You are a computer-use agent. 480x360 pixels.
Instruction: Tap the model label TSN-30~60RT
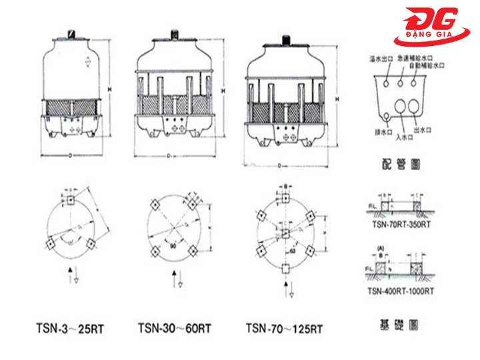tap(175, 328)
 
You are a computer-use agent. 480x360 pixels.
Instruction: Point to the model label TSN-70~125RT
tap(284, 328)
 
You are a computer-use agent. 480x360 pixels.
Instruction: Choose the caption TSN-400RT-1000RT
tap(401, 291)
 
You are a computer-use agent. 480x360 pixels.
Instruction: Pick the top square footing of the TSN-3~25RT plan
tap(70, 200)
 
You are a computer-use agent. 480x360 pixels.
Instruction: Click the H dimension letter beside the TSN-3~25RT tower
tap(107, 87)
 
